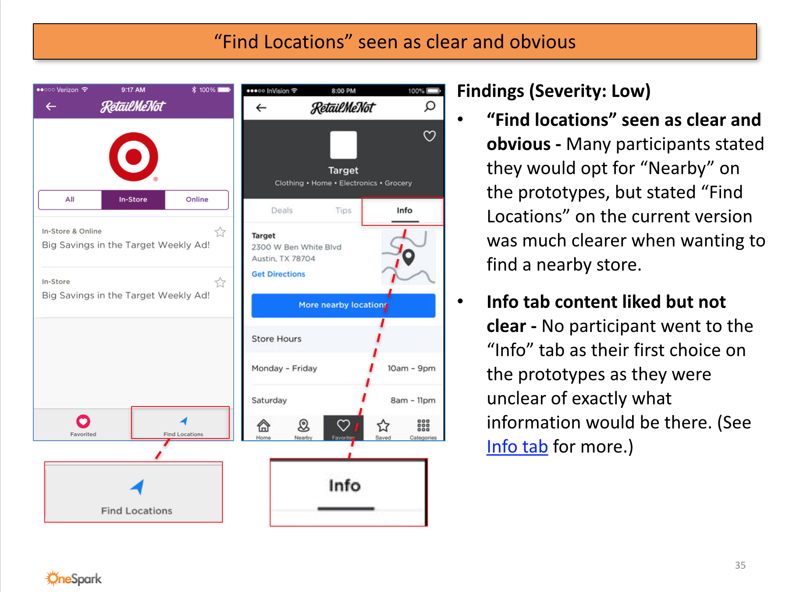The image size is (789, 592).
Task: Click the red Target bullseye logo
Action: pos(134,157)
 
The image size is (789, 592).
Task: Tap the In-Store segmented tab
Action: pos(133,200)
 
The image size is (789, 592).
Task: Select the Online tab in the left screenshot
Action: pos(197,200)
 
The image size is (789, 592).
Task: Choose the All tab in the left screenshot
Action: pos(70,200)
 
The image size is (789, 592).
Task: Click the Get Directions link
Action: pos(278,274)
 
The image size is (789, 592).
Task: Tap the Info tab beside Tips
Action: pos(404,210)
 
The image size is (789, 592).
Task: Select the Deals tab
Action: pos(282,210)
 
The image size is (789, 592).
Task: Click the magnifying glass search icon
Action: pos(430,107)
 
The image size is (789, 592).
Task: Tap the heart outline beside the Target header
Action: pos(430,136)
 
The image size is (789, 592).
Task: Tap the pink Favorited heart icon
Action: pos(83,421)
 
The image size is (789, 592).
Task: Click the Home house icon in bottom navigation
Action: pos(263,425)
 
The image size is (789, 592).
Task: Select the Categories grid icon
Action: pos(423,425)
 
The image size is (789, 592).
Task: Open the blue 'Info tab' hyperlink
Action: pos(517,447)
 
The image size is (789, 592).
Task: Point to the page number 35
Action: pos(740,565)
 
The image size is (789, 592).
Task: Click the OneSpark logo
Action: pos(74,578)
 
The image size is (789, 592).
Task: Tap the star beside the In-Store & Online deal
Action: pos(220,232)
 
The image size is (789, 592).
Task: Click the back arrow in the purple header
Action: pos(51,106)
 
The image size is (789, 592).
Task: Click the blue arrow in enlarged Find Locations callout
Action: pos(138,487)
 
